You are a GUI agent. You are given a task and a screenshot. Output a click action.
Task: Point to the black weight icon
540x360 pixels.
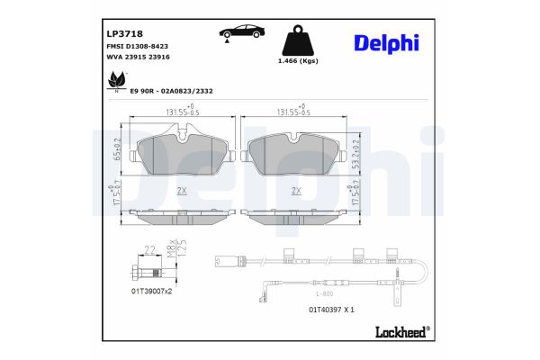tap(298, 43)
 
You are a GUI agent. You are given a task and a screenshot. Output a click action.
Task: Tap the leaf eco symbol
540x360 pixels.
tap(114, 83)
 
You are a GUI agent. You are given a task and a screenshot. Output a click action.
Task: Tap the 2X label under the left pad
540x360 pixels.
tap(182, 191)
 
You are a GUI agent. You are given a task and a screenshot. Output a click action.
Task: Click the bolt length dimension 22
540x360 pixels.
tap(150, 248)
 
